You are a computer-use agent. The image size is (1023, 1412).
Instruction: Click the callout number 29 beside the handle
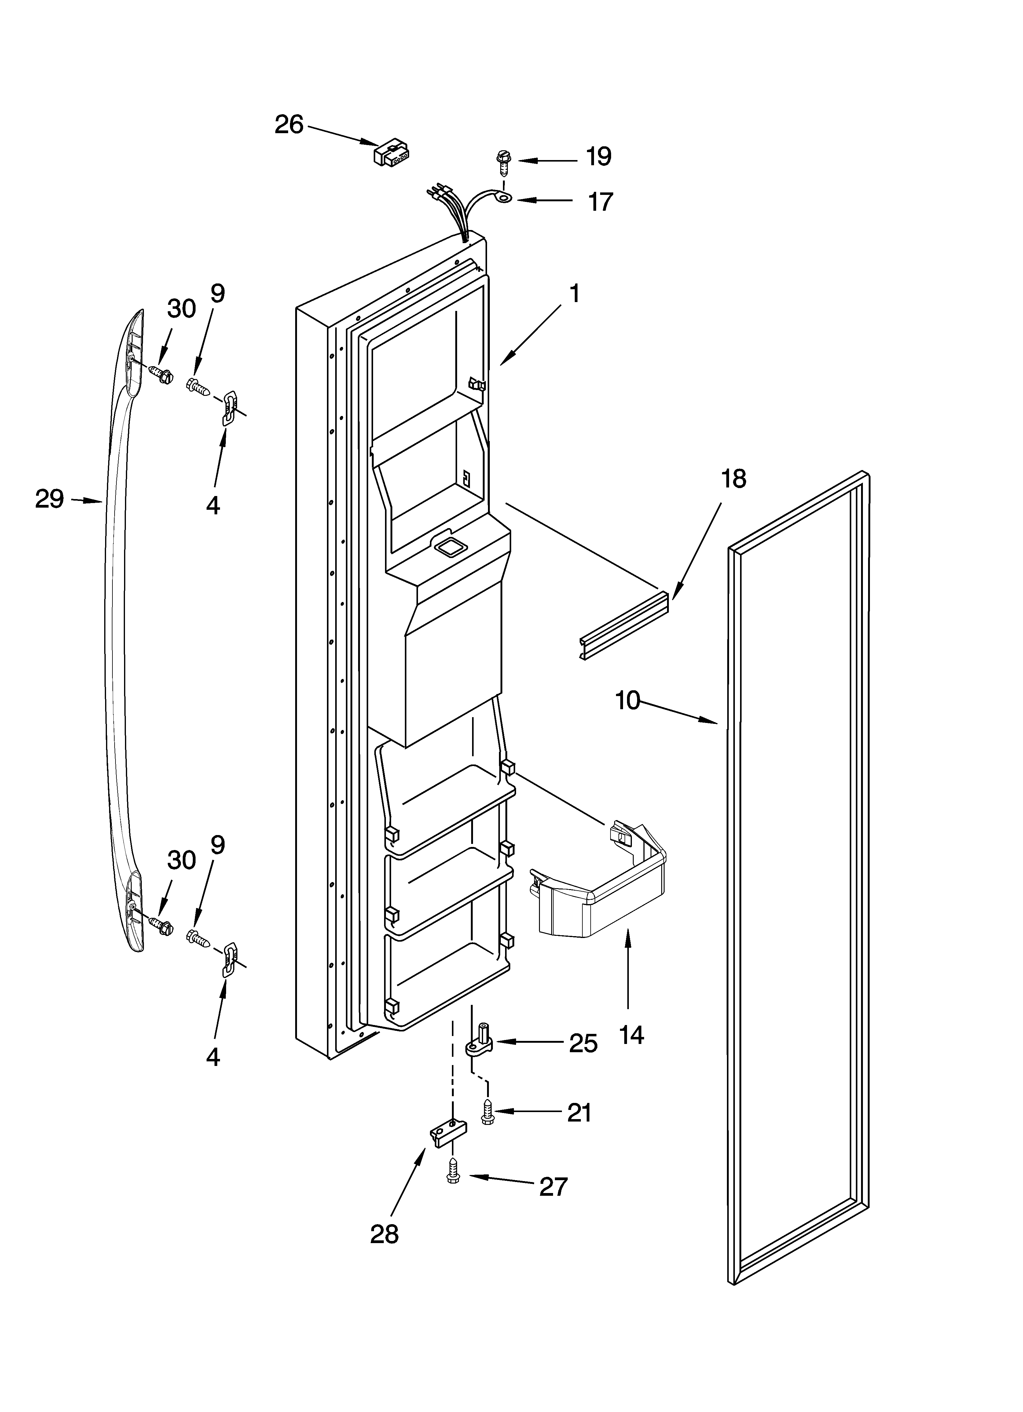click(49, 499)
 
